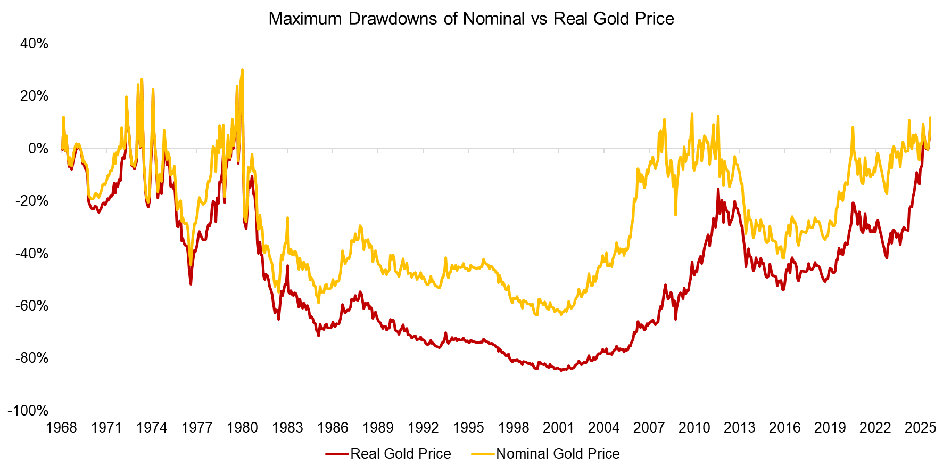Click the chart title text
(x=471, y=19)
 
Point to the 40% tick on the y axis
(x=34, y=44)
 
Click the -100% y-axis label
(x=28, y=410)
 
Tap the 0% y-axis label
(x=38, y=149)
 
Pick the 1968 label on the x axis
(x=61, y=427)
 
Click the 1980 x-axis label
(x=242, y=427)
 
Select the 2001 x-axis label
(x=559, y=427)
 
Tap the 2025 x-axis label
(x=921, y=427)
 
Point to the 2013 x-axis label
(x=740, y=427)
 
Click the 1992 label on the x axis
(x=423, y=427)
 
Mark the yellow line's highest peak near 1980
(x=242, y=69)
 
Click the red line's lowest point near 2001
(x=561, y=370)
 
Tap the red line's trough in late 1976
(x=191, y=284)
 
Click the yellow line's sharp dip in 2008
(x=675, y=215)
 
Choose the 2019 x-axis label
(x=830, y=427)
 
